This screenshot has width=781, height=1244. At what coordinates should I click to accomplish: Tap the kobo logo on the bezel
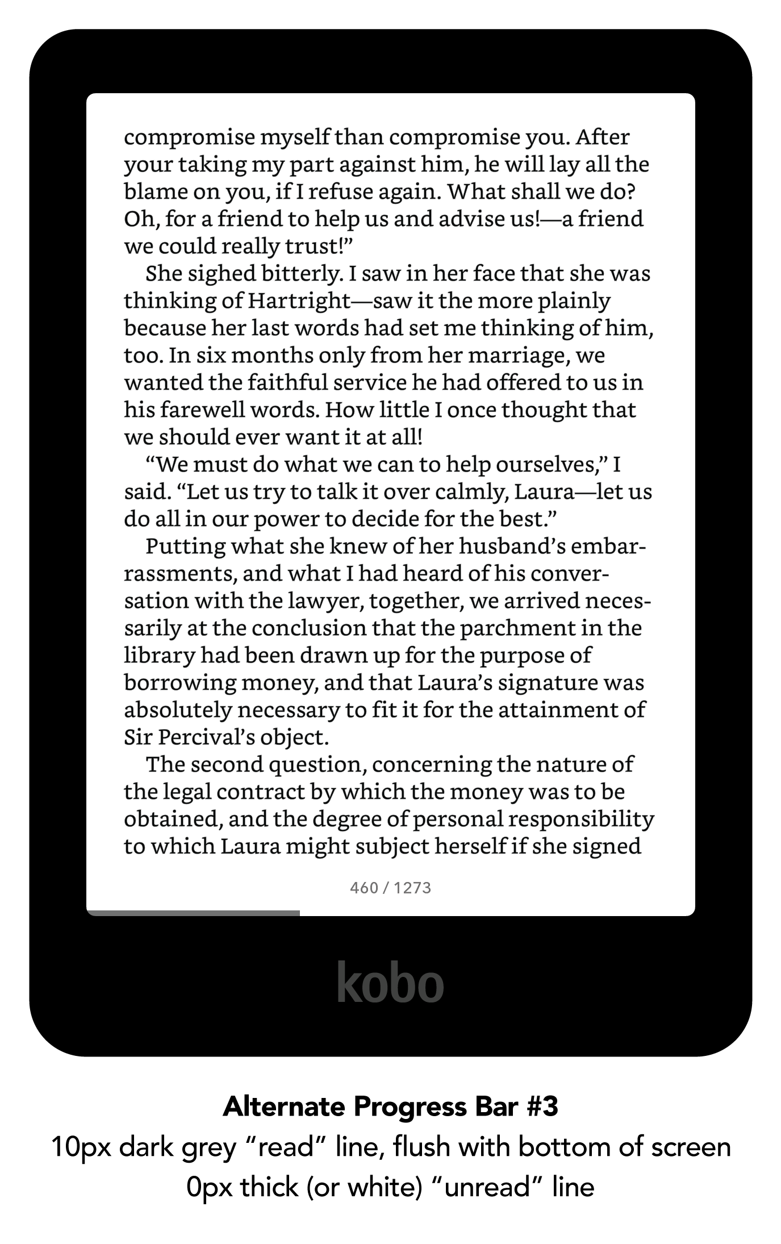390,982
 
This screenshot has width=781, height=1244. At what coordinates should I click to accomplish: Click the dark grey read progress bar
193,913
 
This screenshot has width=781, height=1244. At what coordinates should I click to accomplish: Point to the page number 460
364,888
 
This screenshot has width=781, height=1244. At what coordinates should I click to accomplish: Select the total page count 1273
412,888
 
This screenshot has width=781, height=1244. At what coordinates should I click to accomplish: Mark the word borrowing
179,683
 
